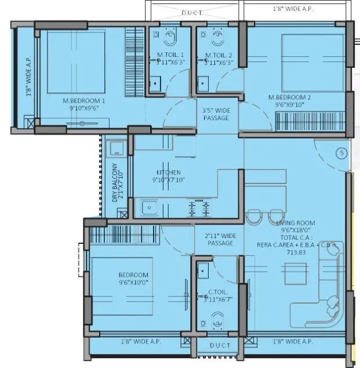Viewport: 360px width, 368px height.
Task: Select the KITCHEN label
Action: [x=168, y=172]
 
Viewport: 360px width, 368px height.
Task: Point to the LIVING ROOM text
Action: [x=296, y=223]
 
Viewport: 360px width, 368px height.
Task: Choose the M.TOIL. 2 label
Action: [x=219, y=55]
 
